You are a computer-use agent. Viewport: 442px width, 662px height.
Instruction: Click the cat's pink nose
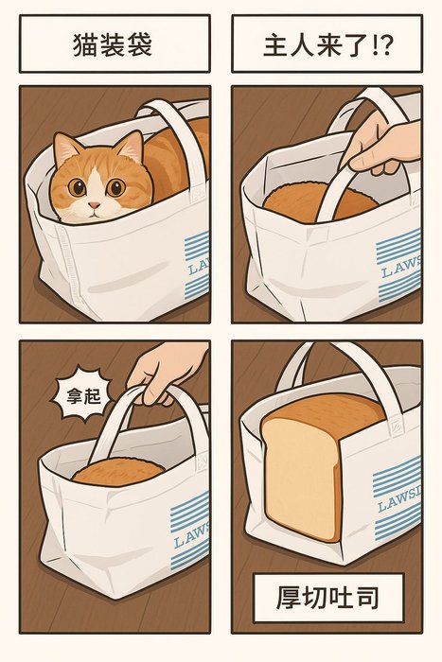point(95,205)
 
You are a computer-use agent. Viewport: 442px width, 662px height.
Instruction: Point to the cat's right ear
point(132,146)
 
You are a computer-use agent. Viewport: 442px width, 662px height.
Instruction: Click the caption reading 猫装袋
point(113,44)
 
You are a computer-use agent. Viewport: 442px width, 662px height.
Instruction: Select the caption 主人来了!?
point(327,44)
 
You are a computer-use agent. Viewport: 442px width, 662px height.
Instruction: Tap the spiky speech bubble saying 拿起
point(83,394)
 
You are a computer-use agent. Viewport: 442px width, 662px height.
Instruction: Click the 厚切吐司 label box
point(328,597)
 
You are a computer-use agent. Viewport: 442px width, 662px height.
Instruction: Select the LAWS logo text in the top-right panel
point(400,267)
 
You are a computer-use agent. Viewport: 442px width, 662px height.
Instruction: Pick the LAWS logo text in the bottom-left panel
point(191,535)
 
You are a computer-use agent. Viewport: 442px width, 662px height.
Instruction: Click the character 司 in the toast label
point(366,597)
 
